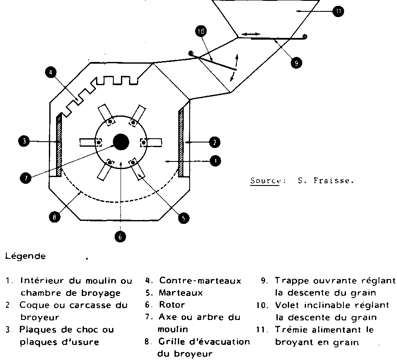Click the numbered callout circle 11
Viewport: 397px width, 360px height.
click(x=338, y=12)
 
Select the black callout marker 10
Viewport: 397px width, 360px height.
click(x=201, y=31)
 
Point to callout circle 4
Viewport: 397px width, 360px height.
click(x=50, y=73)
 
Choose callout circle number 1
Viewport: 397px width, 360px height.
click(x=215, y=161)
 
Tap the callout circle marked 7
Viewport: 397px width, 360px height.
click(x=25, y=178)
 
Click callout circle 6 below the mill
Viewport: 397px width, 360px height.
click(x=120, y=237)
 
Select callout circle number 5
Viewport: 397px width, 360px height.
click(x=183, y=218)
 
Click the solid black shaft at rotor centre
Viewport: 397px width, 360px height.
click(x=121, y=142)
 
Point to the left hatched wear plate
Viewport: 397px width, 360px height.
click(x=59, y=145)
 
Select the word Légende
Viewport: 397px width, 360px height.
click(x=25, y=256)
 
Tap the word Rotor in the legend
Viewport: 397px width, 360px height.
click(x=172, y=304)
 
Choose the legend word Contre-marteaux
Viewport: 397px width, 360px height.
click(x=200, y=281)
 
